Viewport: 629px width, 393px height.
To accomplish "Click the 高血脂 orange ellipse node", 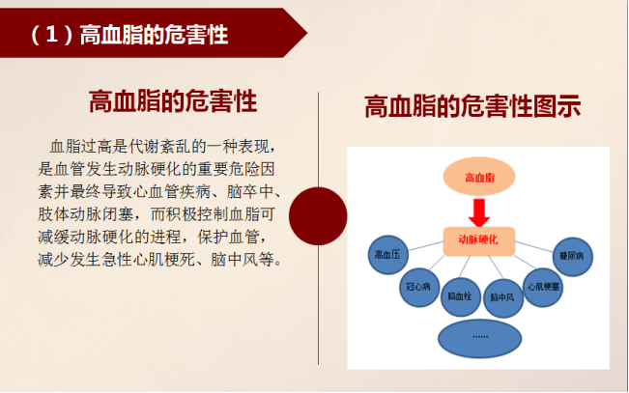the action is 479,177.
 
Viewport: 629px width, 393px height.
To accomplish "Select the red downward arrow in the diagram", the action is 479,212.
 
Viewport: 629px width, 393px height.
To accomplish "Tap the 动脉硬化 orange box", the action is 479,241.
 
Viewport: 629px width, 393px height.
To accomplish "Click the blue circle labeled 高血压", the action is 387,255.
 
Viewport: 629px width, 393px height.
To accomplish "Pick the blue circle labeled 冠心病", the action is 419,287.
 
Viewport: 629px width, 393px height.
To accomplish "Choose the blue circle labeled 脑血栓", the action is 461,296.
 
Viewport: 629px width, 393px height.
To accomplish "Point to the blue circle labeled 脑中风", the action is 503,298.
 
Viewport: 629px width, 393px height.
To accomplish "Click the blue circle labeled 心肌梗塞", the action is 543,287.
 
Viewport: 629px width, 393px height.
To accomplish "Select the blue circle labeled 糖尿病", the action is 572,257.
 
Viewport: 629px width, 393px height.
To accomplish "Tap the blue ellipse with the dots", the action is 480,339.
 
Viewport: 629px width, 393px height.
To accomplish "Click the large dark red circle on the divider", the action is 318,215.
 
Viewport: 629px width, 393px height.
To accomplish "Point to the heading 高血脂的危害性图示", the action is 472,106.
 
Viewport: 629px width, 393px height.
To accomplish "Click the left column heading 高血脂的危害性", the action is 173,101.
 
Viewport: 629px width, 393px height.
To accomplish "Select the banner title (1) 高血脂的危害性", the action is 129,35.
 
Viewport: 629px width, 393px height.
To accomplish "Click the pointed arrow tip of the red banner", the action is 307,33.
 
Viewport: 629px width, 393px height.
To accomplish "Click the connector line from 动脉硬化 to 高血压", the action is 426,246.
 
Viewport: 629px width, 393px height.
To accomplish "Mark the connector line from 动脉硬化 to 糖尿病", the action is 534,247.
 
